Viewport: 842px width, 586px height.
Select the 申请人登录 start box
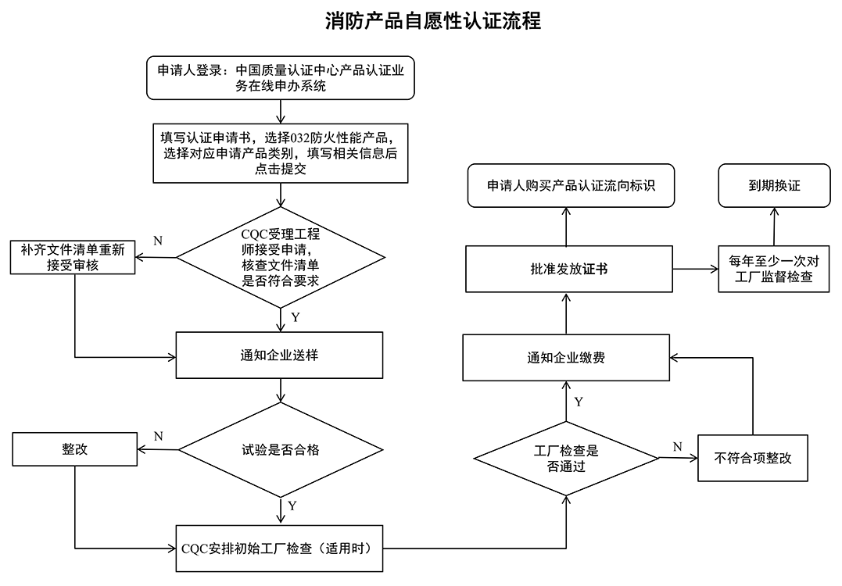(x=280, y=78)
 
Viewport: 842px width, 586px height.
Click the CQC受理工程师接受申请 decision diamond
(x=280, y=257)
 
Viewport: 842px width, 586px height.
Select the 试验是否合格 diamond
(x=280, y=450)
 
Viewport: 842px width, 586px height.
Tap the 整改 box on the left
(x=74, y=450)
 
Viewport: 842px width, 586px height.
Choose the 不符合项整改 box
(x=752, y=458)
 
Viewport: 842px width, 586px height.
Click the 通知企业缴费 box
(x=565, y=358)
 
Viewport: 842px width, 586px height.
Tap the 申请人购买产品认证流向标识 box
(x=571, y=186)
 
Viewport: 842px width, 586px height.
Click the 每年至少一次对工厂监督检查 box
(x=774, y=269)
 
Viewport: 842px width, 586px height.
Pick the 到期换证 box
(x=774, y=186)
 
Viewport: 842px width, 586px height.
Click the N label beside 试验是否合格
(x=158, y=435)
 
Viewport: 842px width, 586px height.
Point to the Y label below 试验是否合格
(x=292, y=506)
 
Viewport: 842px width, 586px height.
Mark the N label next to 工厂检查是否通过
(x=677, y=446)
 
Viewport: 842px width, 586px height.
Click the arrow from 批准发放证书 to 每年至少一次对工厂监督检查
(x=695, y=270)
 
